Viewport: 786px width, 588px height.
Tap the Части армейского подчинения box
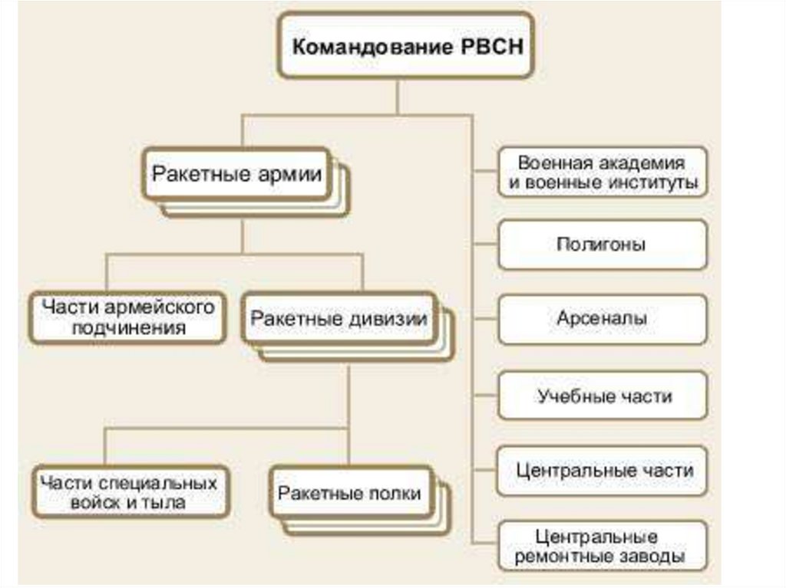[127, 317]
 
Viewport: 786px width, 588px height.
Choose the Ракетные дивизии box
[339, 318]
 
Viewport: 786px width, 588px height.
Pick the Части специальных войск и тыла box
[129, 492]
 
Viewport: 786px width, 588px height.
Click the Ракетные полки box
[349, 493]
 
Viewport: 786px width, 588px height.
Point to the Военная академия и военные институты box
[602, 173]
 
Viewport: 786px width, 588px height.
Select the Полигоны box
[602, 245]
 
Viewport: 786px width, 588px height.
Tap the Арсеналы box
[602, 318]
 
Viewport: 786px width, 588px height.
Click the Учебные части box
[602, 396]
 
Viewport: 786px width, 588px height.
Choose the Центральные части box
[602, 469]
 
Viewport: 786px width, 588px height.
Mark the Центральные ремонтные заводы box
[602, 546]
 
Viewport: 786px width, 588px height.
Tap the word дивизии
[394, 318]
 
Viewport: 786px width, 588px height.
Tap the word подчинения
[128, 328]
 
